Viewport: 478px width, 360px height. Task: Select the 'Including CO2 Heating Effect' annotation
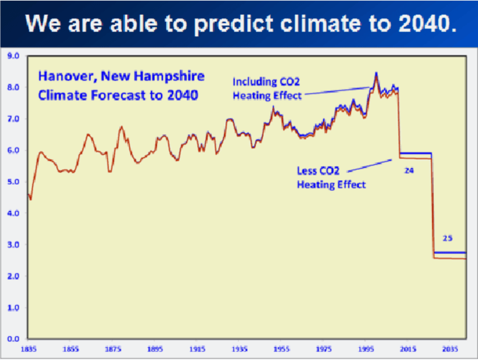click(x=267, y=88)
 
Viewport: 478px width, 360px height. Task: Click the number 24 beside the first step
click(x=409, y=170)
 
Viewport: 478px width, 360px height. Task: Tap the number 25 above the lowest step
click(x=447, y=238)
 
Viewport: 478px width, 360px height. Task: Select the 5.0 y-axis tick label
click(x=14, y=182)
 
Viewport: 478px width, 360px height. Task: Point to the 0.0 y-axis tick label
click(x=14, y=339)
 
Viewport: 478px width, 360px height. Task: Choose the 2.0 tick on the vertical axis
click(x=14, y=276)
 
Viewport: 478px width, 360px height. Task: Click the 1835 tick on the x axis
click(x=29, y=349)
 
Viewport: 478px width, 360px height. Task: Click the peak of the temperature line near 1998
click(x=376, y=73)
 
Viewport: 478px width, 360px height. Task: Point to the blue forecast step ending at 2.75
click(x=449, y=252)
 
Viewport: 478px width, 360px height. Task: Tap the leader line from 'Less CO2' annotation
click(x=370, y=165)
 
